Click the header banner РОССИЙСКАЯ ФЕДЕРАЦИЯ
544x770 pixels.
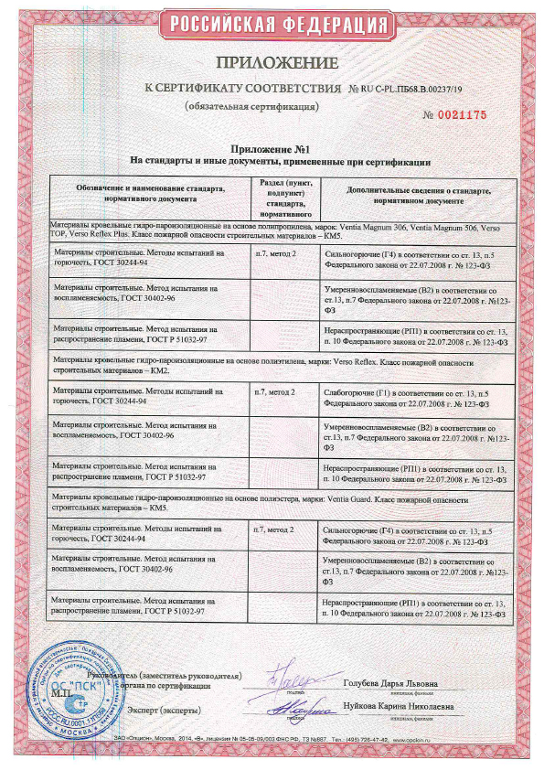point(271,24)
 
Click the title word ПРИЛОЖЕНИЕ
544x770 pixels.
point(271,63)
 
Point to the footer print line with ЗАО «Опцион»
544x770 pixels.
point(271,738)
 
